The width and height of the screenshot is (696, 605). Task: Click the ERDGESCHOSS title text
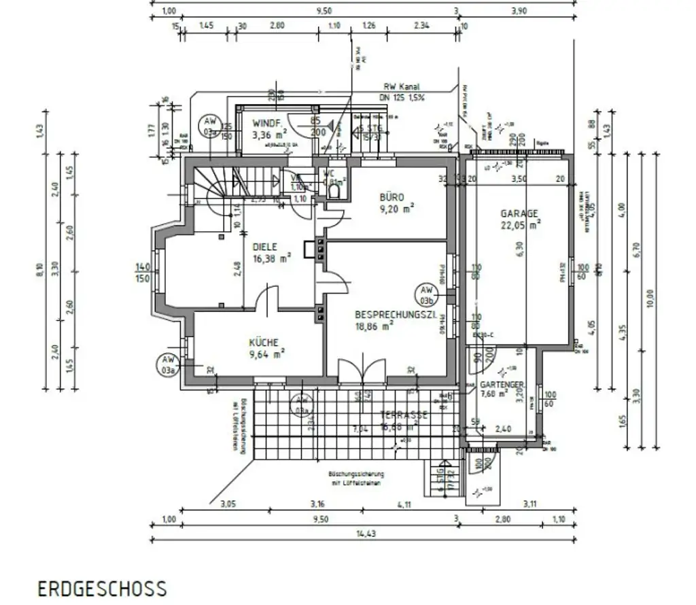point(101,588)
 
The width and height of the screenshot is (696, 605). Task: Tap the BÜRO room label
point(391,197)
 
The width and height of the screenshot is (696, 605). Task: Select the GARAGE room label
point(519,213)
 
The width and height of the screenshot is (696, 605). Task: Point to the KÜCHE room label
point(263,343)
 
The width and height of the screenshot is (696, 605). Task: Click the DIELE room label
point(266,247)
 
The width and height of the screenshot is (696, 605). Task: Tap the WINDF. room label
point(266,124)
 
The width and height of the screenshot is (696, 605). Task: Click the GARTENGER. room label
point(502,384)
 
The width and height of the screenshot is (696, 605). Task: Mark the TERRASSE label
point(404,415)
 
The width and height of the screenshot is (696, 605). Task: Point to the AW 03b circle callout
point(427,294)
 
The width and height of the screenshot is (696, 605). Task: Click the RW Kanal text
point(400,87)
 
